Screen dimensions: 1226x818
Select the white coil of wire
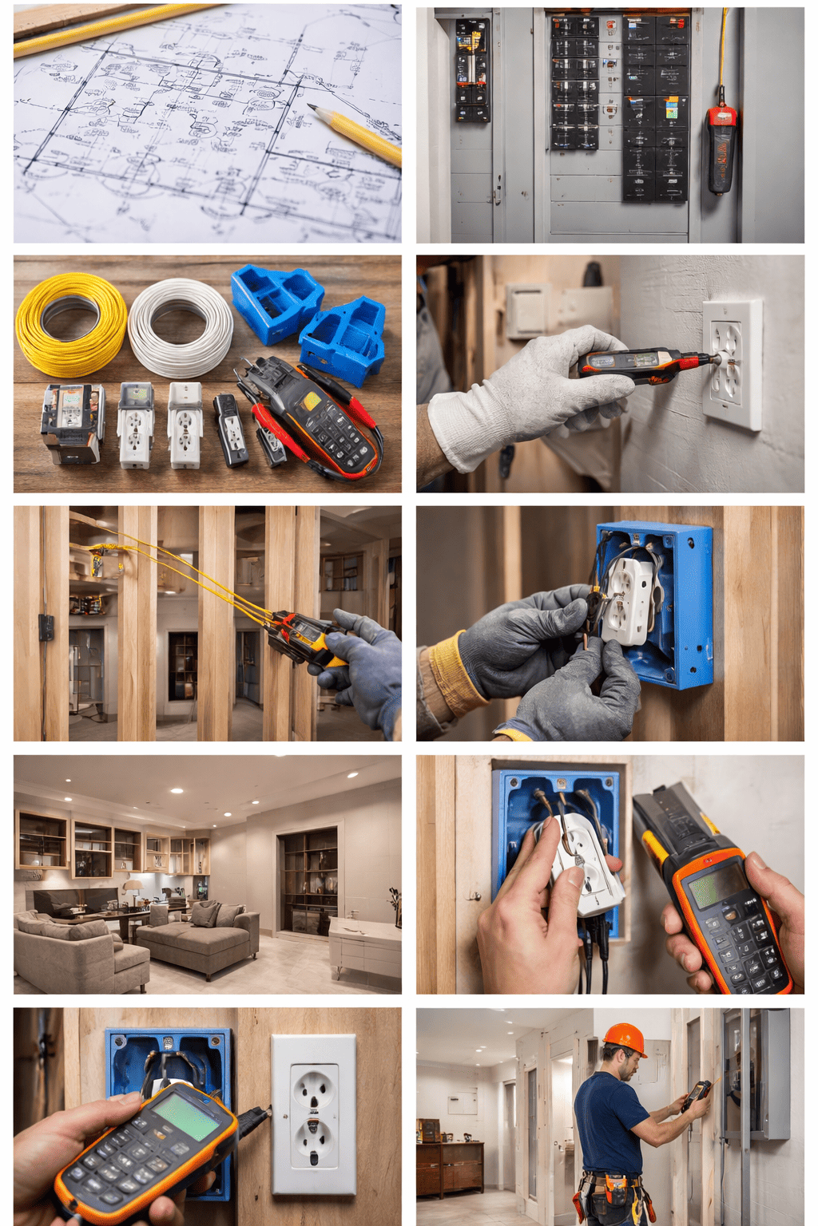(x=181, y=327)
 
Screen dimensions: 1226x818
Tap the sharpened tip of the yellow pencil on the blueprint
(x=312, y=108)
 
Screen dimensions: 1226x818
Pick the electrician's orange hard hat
(x=625, y=1038)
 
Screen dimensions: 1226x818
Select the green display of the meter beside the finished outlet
(x=185, y=1115)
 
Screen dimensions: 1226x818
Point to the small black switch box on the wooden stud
(x=46, y=627)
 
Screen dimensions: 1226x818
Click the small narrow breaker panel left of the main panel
(x=472, y=70)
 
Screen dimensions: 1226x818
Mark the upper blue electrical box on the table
(x=276, y=302)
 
